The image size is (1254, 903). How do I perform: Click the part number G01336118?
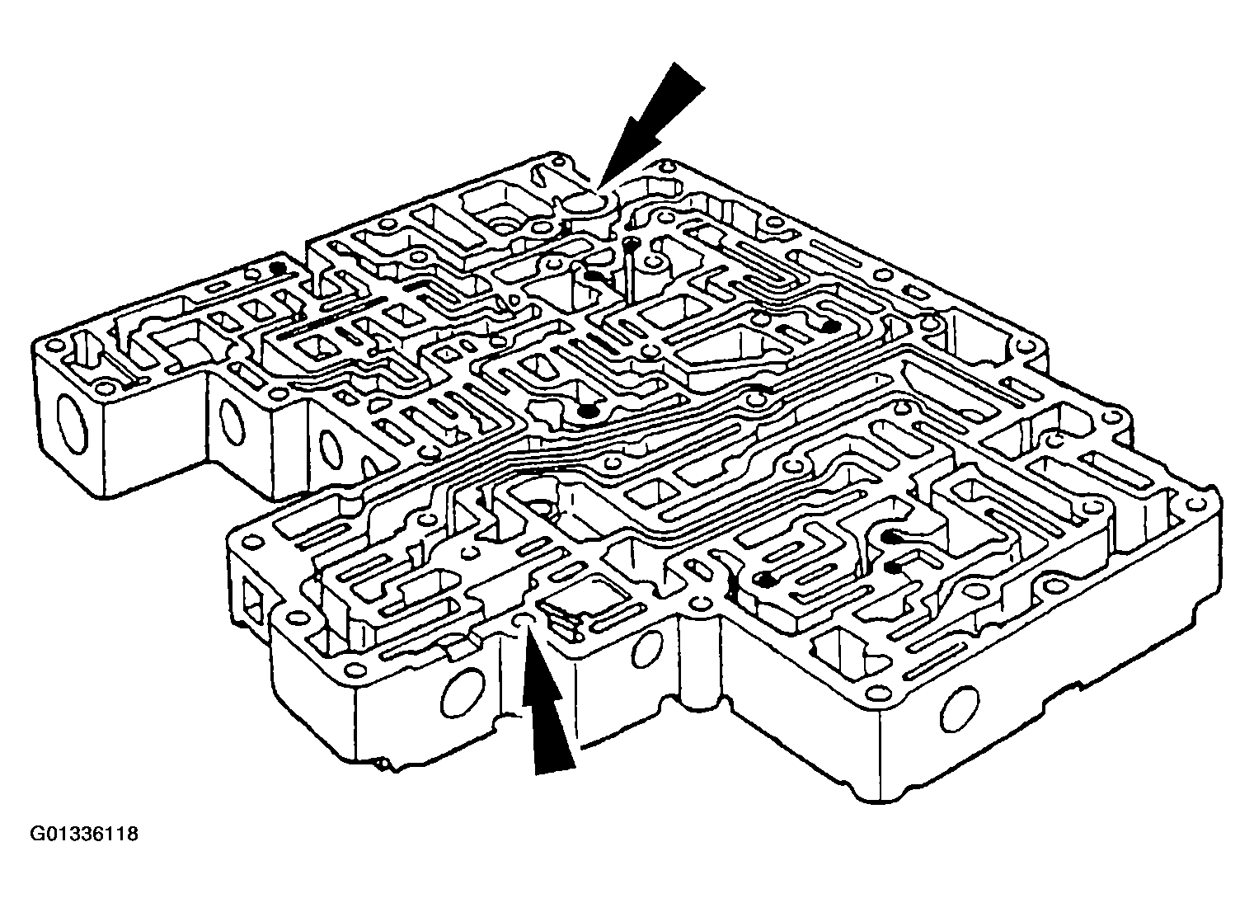[x=84, y=835]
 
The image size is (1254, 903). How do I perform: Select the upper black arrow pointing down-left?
[x=650, y=126]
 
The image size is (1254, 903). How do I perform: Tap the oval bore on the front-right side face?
[x=960, y=709]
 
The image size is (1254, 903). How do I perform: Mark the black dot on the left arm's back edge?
[x=275, y=269]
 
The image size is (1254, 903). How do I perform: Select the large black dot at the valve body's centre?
[x=587, y=412]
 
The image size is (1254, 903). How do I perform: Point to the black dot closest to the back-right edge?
[x=831, y=326]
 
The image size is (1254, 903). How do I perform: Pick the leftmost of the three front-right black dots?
[x=763, y=581]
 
